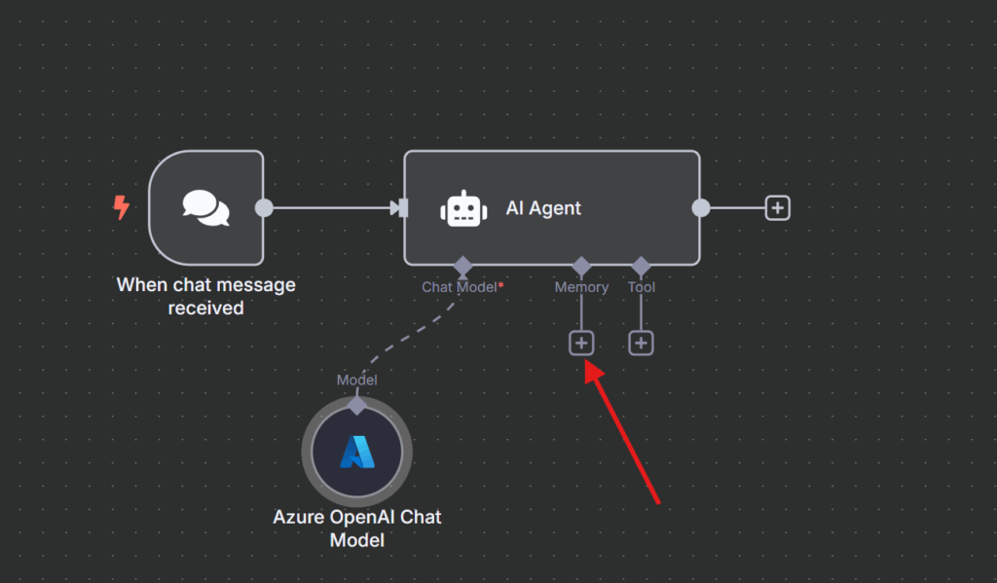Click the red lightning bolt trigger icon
click(x=122, y=207)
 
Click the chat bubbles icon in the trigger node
click(x=206, y=207)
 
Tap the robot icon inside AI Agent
click(x=462, y=208)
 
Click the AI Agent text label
click(x=543, y=208)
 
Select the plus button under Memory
click(x=581, y=343)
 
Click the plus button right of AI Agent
click(x=777, y=207)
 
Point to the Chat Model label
click(x=460, y=287)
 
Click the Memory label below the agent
click(x=581, y=287)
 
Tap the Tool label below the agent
click(x=641, y=287)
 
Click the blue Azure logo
click(x=356, y=452)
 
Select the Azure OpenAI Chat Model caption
click(x=356, y=528)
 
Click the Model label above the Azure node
click(x=356, y=381)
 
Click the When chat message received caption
click(x=205, y=296)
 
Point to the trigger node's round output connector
click(x=263, y=207)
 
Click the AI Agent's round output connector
click(x=700, y=207)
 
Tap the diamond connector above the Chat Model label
click(x=462, y=265)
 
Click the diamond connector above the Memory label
click(x=581, y=265)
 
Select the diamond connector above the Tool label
click(x=641, y=265)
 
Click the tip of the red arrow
click(x=587, y=367)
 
